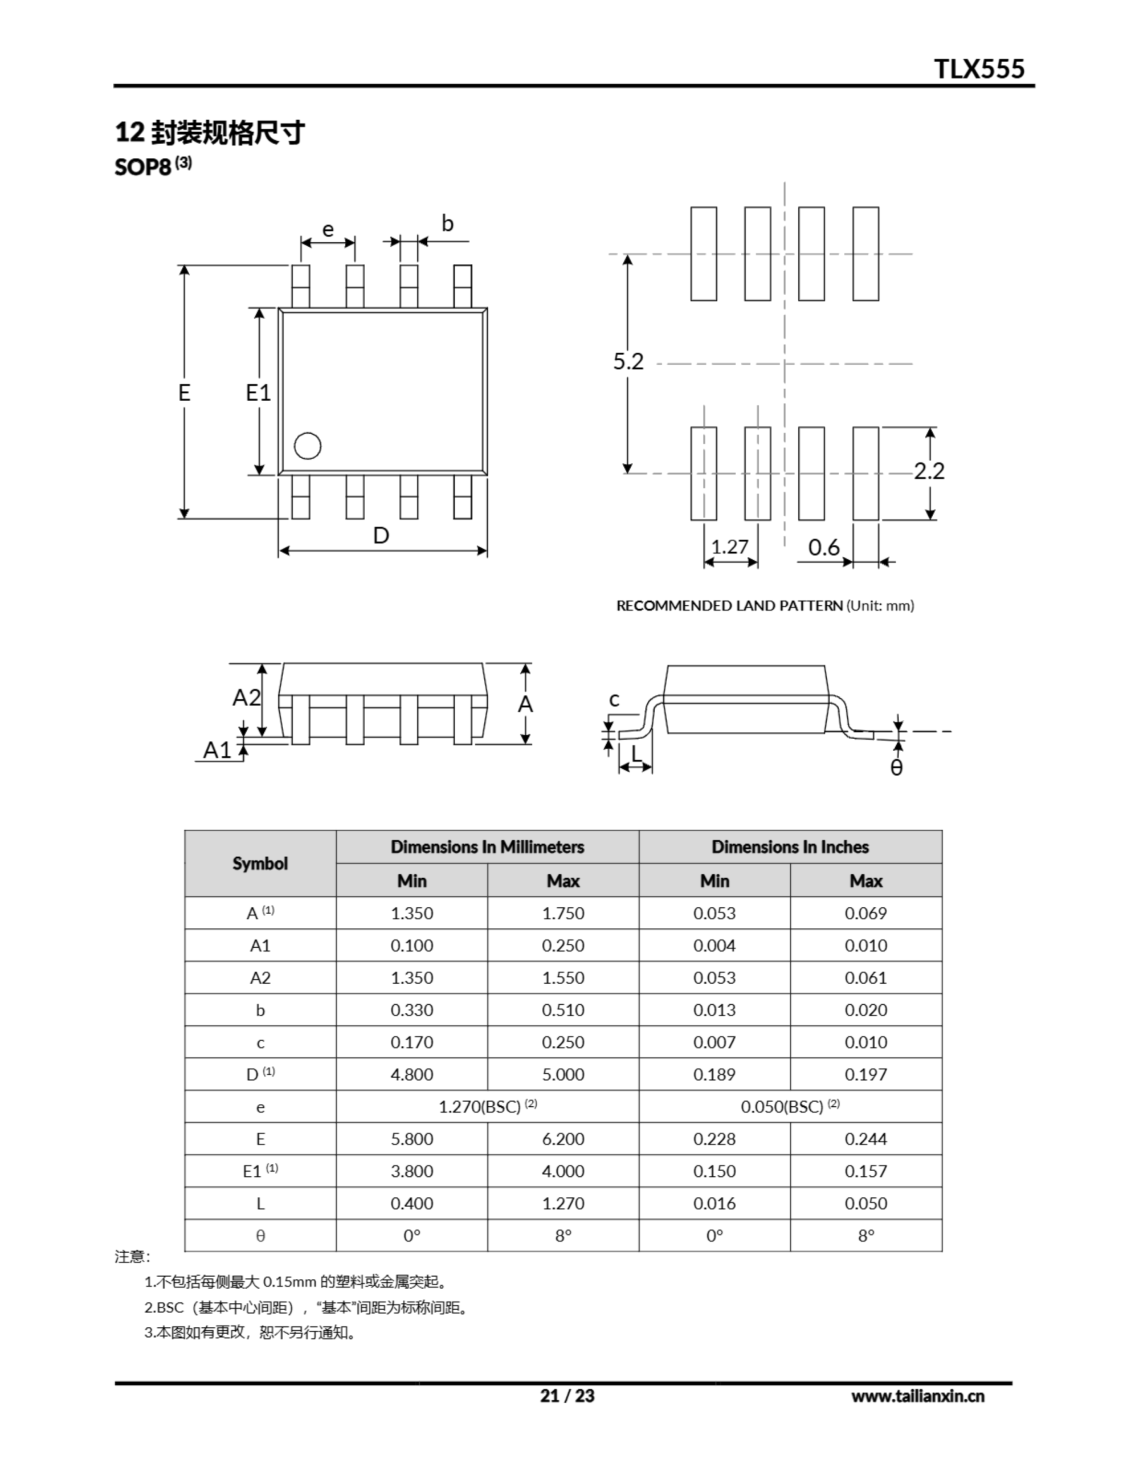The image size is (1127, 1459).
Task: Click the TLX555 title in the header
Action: click(979, 69)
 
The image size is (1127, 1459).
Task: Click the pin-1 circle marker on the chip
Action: click(307, 446)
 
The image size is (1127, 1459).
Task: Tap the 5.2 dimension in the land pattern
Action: click(628, 361)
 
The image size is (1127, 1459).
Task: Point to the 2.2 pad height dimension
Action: click(929, 472)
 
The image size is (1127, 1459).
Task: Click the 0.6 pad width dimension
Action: click(824, 548)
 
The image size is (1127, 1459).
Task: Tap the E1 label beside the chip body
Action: click(258, 393)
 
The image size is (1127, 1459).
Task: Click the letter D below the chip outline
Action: click(381, 536)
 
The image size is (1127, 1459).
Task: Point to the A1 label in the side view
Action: click(217, 750)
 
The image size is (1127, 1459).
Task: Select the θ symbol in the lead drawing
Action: click(896, 768)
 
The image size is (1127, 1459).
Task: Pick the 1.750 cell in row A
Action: click(563, 913)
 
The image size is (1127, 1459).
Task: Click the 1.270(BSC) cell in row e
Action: click(487, 1107)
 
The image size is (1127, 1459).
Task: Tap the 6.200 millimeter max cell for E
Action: click(563, 1139)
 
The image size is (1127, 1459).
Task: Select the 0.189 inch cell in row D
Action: click(714, 1075)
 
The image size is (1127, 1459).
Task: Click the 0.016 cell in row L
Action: click(714, 1204)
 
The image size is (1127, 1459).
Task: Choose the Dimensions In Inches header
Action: click(790, 847)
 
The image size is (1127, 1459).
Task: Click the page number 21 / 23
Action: click(567, 1396)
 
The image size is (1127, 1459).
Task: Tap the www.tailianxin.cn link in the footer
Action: click(917, 1396)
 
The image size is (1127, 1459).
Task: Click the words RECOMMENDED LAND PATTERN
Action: click(729, 606)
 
